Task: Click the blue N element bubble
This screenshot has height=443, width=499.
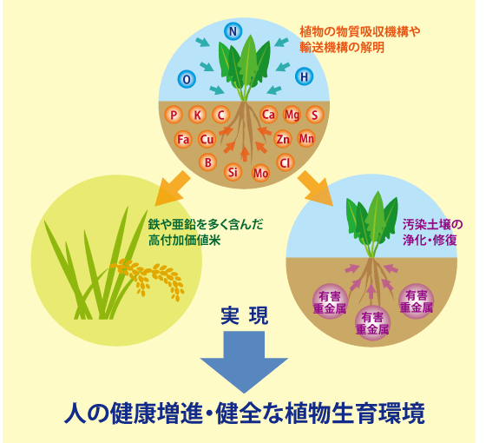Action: click(x=233, y=31)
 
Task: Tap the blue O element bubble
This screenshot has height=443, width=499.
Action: click(x=187, y=79)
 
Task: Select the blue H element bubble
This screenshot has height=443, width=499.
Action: click(x=305, y=76)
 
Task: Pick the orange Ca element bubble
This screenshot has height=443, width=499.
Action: click(x=268, y=115)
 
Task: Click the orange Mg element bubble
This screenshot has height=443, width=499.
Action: click(x=292, y=115)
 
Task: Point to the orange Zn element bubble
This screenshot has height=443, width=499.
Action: click(x=283, y=139)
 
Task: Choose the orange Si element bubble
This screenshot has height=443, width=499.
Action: click(x=233, y=172)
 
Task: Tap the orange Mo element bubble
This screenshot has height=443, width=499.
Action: click(x=260, y=173)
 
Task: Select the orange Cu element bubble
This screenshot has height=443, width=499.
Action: click(x=207, y=139)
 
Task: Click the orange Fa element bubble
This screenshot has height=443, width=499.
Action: click(x=183, y=139)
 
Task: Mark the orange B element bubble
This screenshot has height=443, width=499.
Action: click(x=207, y=162)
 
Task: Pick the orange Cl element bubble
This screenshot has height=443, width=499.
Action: click(x=285, y=162)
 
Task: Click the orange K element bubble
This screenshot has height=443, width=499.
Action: click(x=197, y=115)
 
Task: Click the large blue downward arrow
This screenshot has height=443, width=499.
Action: click(x=244, y=361)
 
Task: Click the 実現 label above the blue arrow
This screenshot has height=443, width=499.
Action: click(x=245, y=315)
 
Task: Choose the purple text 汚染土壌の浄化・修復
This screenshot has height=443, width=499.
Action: click(x=432, y=232)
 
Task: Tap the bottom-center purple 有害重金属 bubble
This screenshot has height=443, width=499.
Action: click(x=372, y=323)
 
